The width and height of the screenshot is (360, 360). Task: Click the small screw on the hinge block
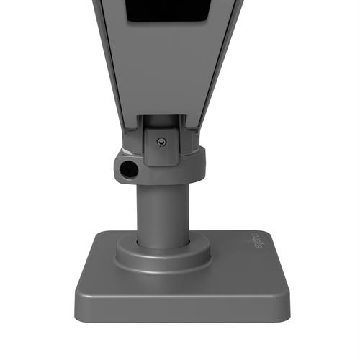coord(161,142)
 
